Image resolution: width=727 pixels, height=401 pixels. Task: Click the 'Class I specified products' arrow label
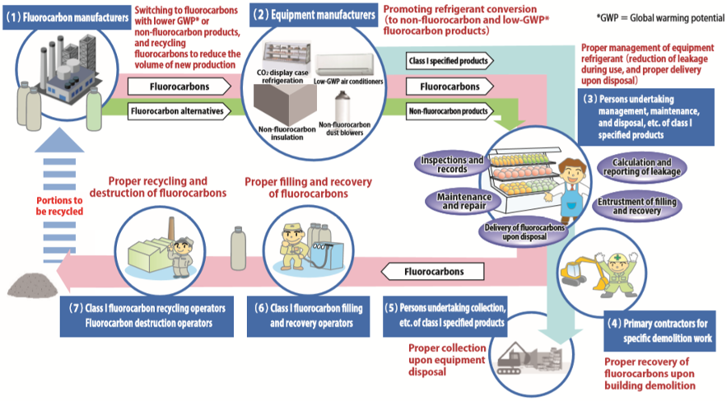(450, 61)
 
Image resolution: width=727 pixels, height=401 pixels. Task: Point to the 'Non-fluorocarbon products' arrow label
(450, 109)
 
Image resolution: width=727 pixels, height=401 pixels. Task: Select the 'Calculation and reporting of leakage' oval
(642, 166)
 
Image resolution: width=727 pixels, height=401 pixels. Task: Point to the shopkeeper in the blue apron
(571, 185)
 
